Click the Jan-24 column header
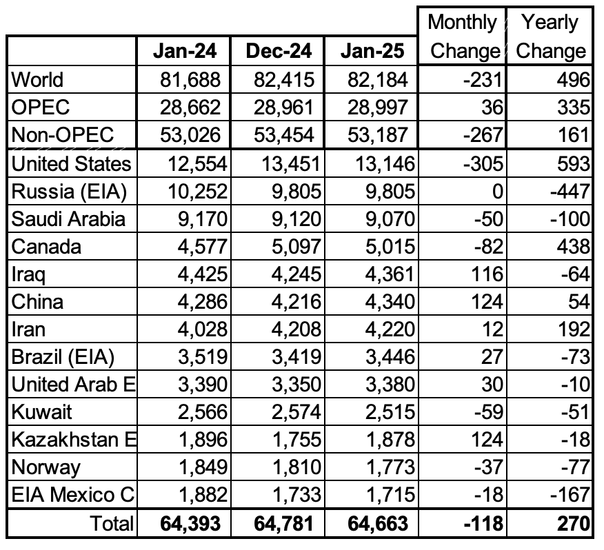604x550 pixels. [x=185, y=51]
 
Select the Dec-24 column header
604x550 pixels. [x=279, y=51]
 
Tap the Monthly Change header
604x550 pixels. [x=463, y=37]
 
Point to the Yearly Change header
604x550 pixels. [x=550, y=37]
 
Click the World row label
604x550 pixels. [x=37, y=80]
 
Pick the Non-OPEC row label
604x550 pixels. [x=63, y=135]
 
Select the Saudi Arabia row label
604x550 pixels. [x=68, y=218]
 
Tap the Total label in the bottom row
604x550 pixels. [x=112, y=523]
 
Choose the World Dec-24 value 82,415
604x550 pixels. [x=284, y=80]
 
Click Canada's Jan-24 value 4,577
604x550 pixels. [x=202, y=247]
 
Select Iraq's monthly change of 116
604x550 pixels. [x=487, y=274]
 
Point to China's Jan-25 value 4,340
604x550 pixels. [x=390, y=302]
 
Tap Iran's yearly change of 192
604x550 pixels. [x=573, y=329]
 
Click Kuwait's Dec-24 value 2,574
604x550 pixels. [x=296, y=412]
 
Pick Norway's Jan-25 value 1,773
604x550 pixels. [x=390, y=467]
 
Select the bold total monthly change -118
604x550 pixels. [x=483, y=523]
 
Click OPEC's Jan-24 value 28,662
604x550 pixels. [x=190, y=107]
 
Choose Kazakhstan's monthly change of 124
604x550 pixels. [x=487, y=440]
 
